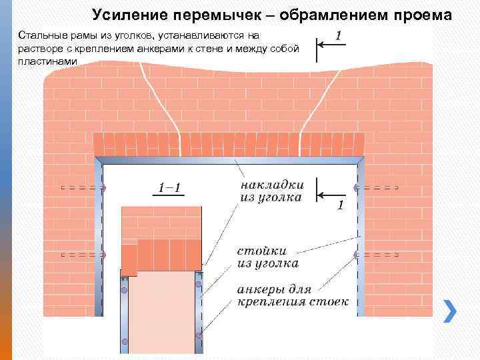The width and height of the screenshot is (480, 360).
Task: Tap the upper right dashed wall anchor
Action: [377, 188]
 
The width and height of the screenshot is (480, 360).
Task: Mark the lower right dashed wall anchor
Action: [377, 254]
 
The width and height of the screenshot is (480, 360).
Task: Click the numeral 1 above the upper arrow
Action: [339, 34]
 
